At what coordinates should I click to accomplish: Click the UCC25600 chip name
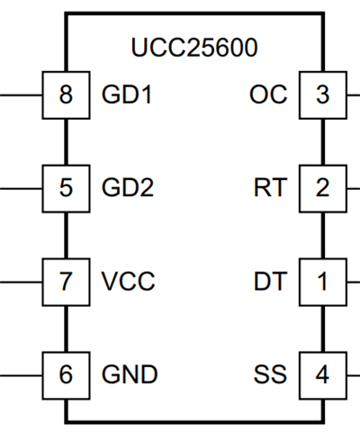tap(194, 48)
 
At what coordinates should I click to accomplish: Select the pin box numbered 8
tap(66, 95)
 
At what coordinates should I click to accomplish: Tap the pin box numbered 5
tap(66, 189)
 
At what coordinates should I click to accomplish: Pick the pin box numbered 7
tap(66, 283)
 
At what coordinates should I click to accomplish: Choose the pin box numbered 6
tap(66, 375)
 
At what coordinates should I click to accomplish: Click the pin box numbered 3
tap(323, 95)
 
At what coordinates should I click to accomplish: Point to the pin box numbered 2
tap(323, 189)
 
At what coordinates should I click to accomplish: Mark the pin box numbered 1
tap(323, 283)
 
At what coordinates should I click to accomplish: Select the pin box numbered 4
tap(323, 375)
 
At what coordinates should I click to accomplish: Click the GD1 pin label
tap(127, 94)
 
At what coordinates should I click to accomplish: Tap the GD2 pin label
tap(128, 188)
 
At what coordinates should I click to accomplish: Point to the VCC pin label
tap(129, 281)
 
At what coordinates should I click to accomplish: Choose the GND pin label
tap(130, 374)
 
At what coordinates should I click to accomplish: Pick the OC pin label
tap(268, 94)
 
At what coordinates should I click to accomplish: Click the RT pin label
tap(270, 188)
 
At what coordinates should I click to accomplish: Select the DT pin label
tap(270, 281)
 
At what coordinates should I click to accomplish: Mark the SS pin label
tap(270, 374)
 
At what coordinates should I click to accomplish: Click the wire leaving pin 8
tap(21, 95)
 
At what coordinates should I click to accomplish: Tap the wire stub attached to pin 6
tap(21, 375)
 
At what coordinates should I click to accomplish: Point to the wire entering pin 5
tap(21, 189)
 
